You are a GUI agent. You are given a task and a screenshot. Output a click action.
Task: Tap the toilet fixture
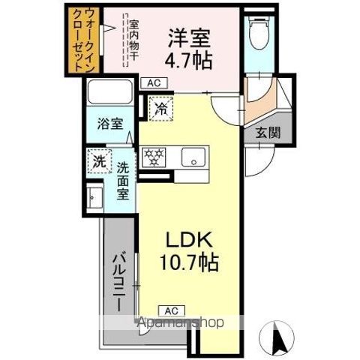(x=259, y=32)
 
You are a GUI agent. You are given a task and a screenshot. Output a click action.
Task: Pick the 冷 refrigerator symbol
(x=160, y=108)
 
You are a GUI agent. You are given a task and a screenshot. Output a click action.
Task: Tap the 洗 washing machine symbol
(x=98, y=160)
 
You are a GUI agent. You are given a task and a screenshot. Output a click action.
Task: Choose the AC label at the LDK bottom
(x=170, y=310)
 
